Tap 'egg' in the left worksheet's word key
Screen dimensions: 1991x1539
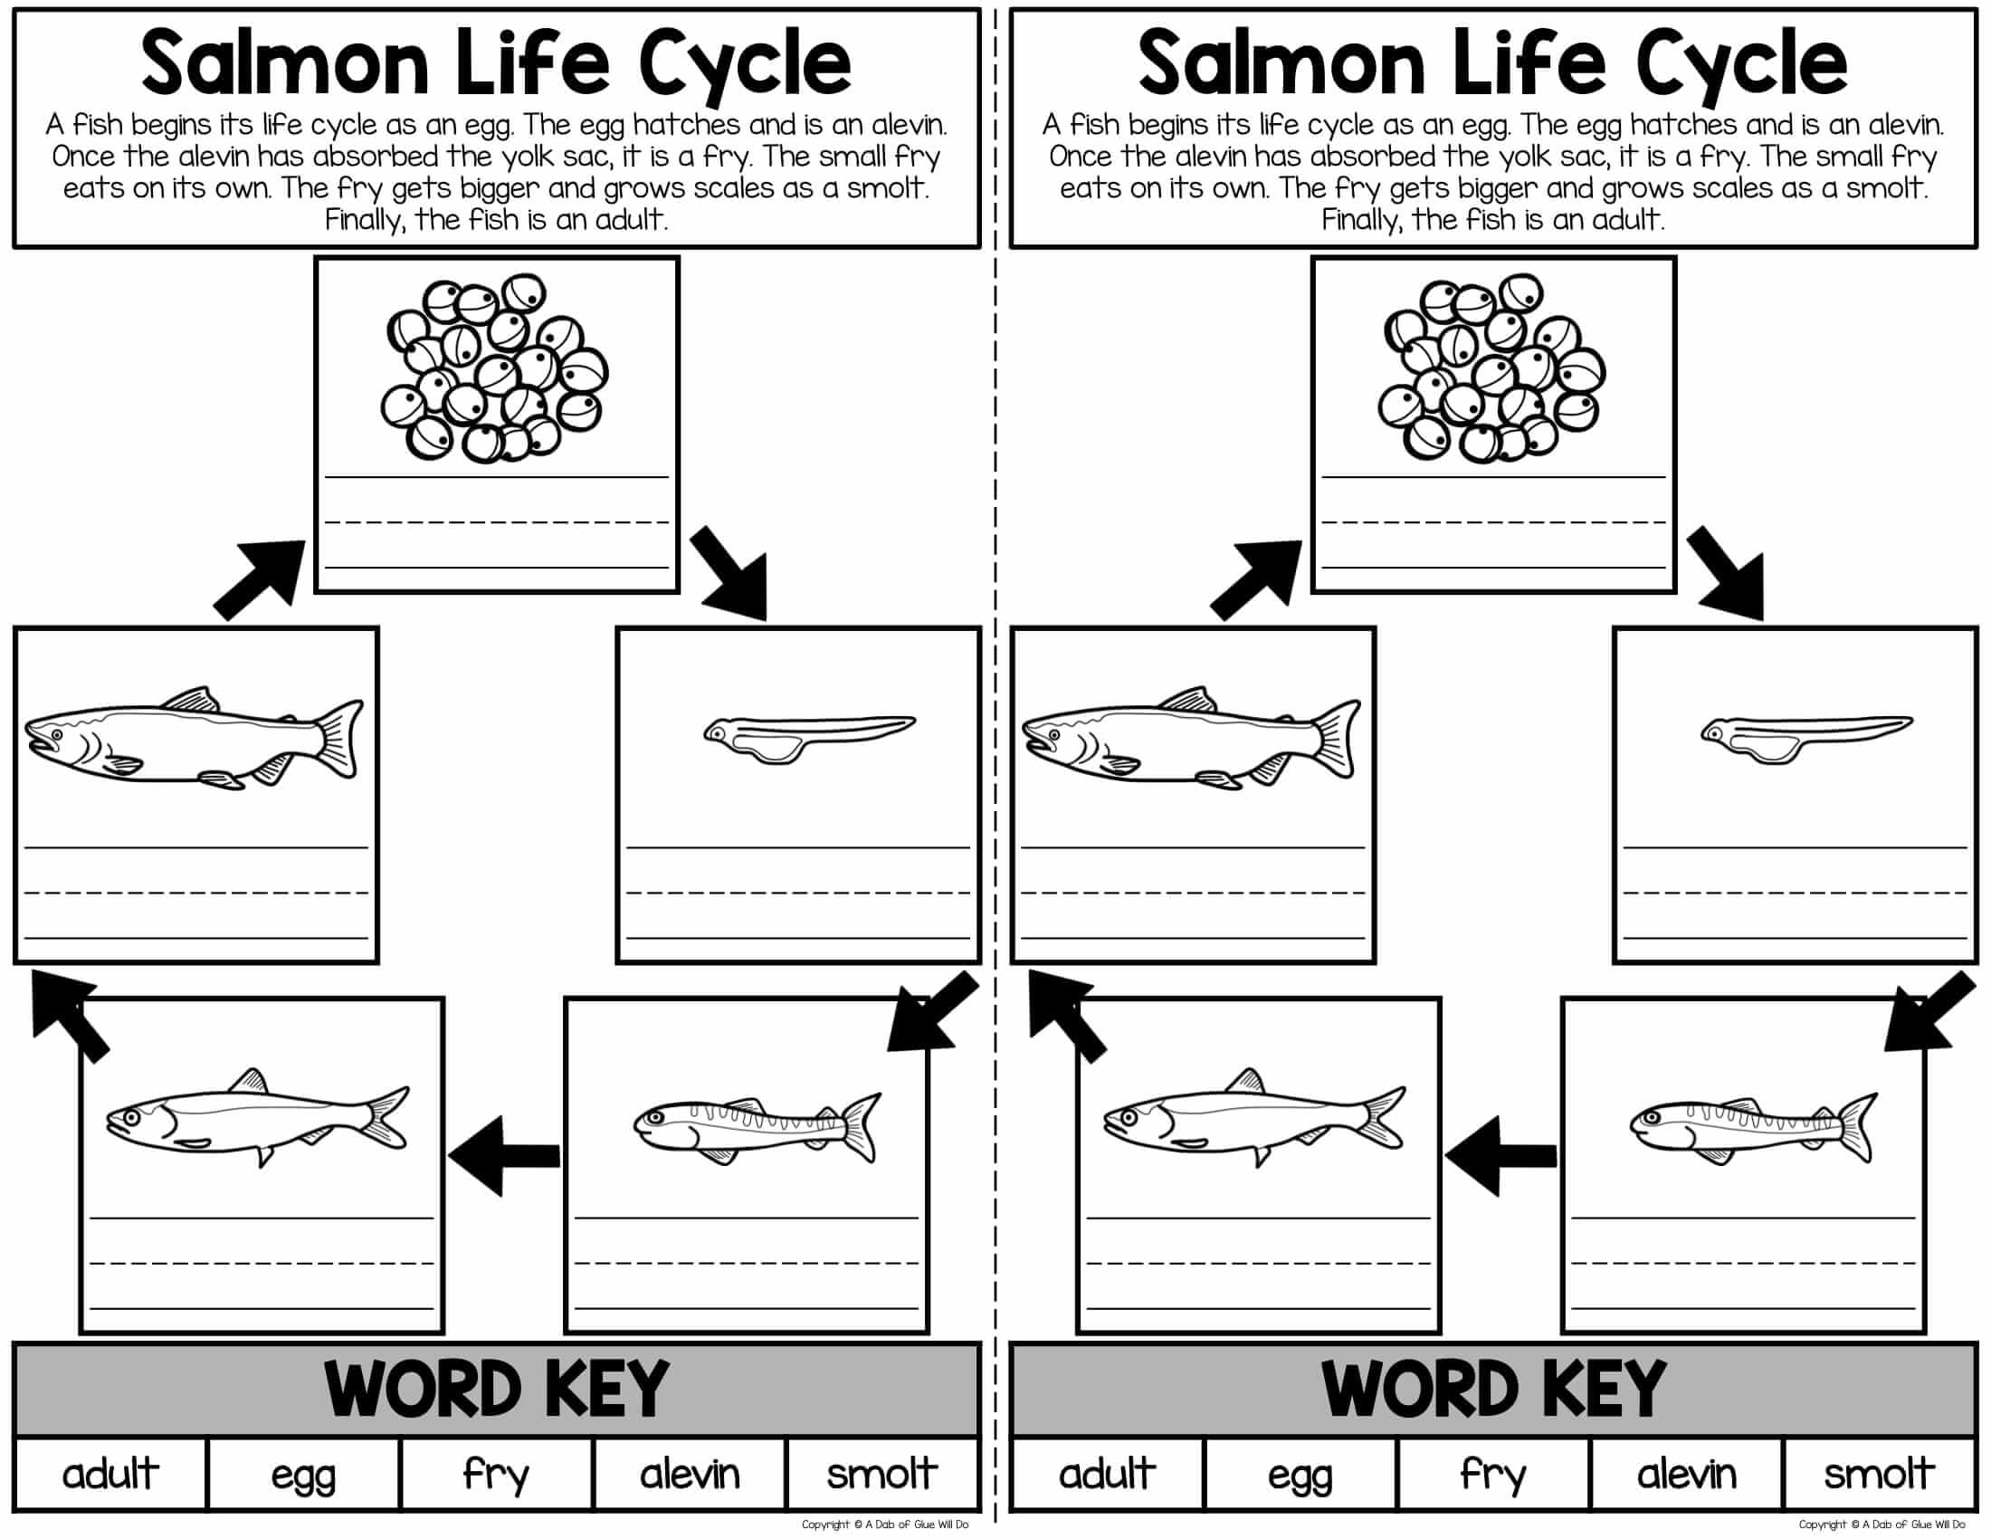point(302,1477)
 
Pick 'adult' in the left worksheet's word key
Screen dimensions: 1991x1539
point(110,1473)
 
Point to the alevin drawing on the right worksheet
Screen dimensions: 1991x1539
point(1806,739)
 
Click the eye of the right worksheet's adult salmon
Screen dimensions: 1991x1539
point(1053,734)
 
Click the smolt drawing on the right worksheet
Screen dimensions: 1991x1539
point(1253,1117)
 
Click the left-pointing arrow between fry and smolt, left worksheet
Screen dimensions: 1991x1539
point(504,1155)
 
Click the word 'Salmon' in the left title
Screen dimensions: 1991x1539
point(284,62)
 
